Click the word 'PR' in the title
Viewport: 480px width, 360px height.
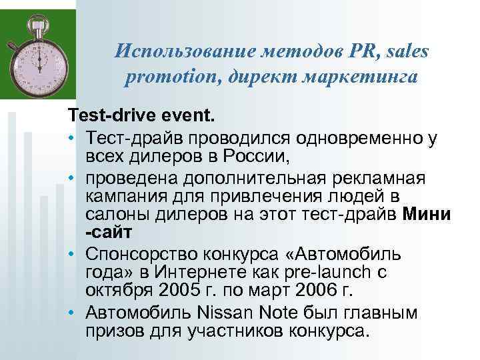click(343, 51)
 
